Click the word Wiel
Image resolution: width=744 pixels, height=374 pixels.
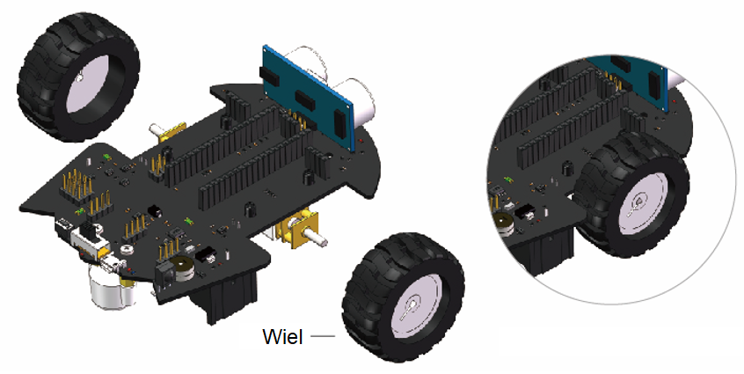click(282, 336)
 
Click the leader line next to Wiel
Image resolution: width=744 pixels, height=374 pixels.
click(323, 336)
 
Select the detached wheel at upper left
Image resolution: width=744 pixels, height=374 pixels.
click(78, 77)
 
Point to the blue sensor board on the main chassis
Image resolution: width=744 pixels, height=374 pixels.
click(308, 98)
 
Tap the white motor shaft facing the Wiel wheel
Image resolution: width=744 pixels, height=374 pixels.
click(317, 237)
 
